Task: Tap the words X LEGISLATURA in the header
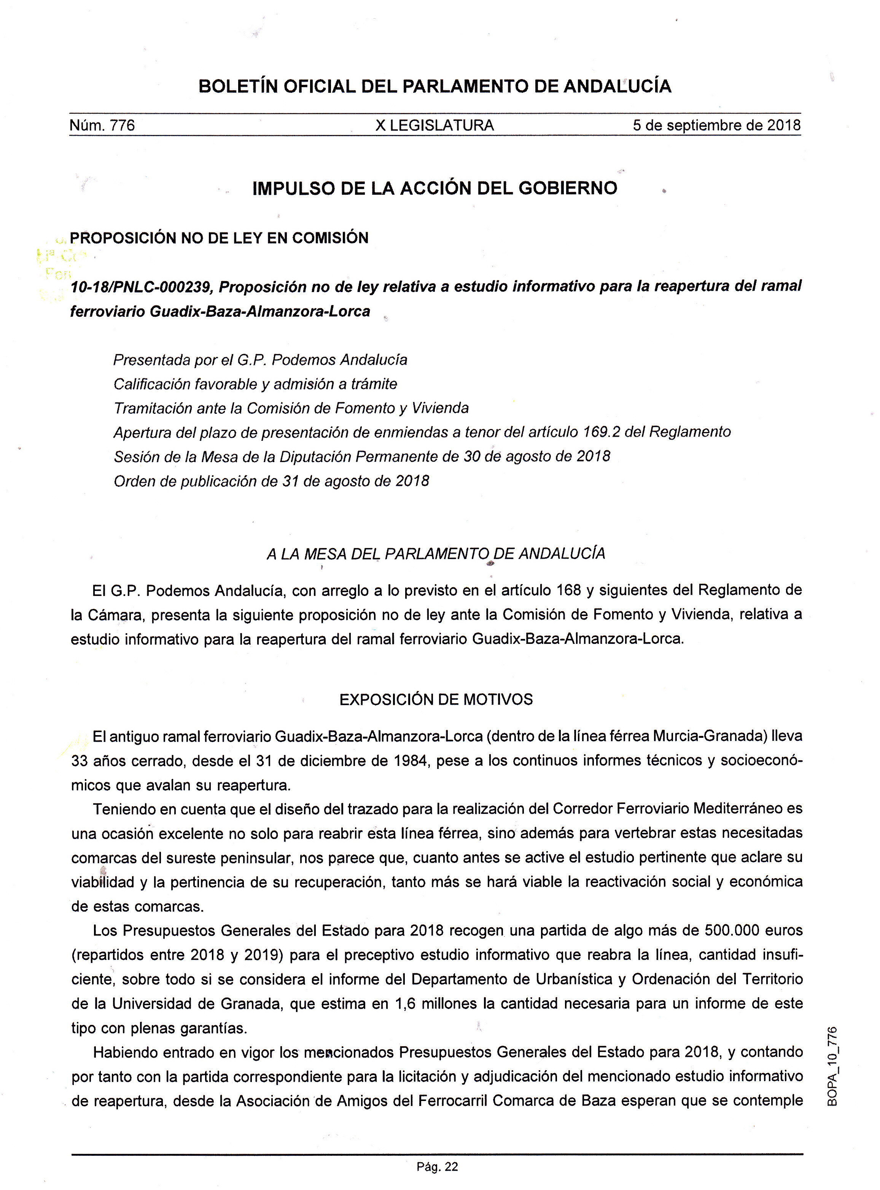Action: [x=434, y=126]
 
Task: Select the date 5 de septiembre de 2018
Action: [x=716, y=126]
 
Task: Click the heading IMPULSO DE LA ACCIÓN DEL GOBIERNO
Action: [x=434, y=188]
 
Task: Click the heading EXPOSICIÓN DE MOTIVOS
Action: [x=436, y=699]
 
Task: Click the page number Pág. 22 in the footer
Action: [x=437, y=1168]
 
